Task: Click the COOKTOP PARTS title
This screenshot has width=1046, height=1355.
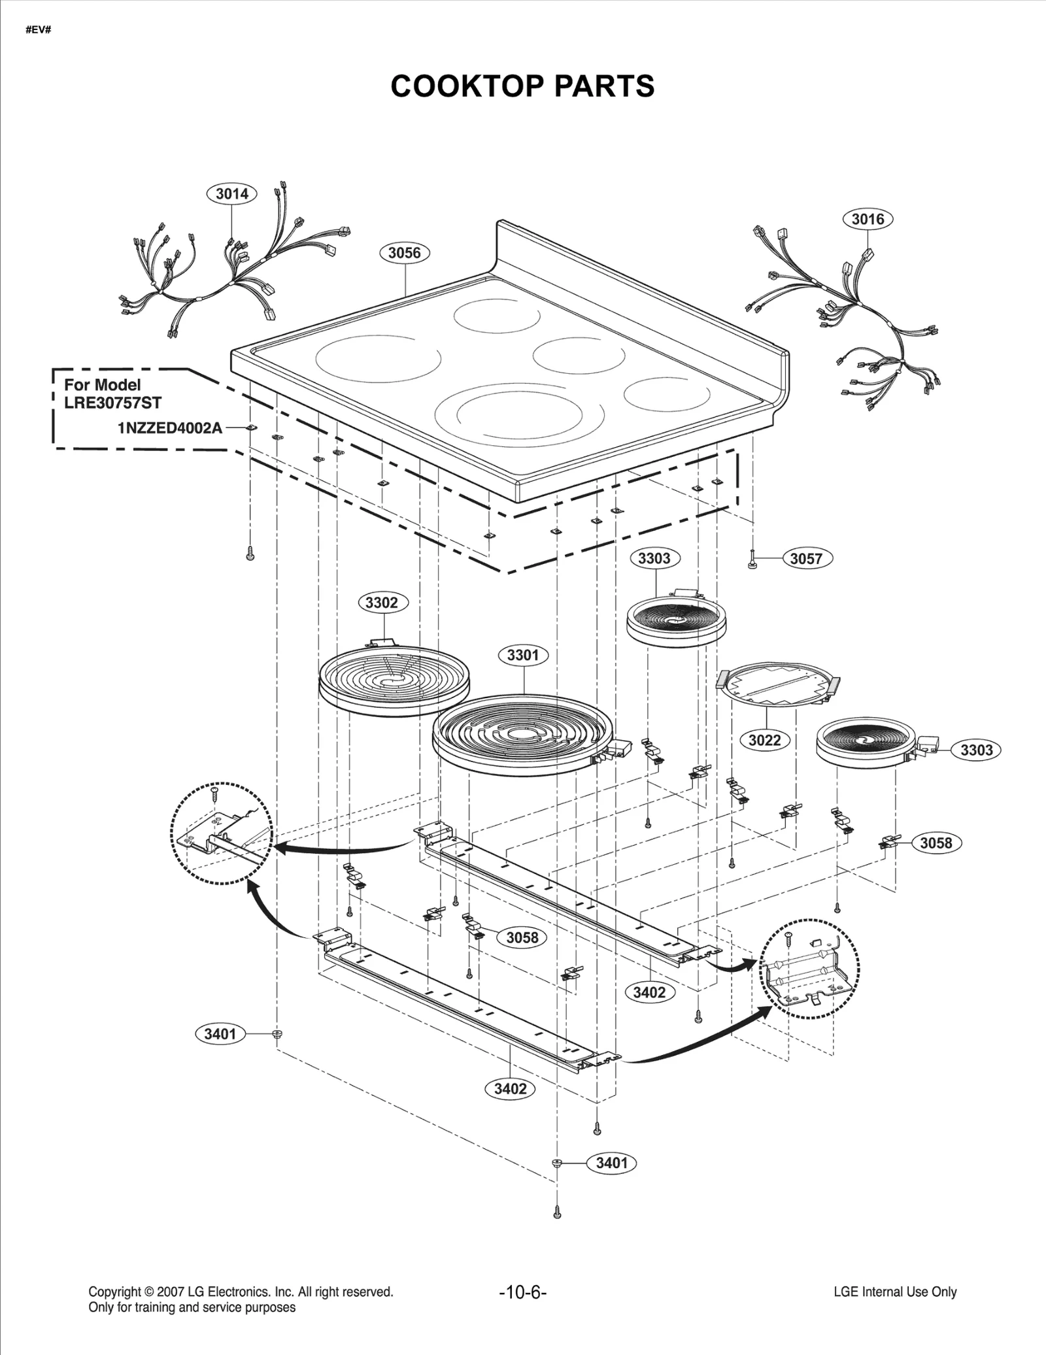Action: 522,86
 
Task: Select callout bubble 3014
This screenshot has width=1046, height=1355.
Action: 231,193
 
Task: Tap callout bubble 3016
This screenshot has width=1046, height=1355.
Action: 868,219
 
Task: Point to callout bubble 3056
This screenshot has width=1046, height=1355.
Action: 404,253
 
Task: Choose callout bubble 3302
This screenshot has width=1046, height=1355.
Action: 382,602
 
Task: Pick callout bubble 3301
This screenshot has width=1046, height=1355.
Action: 523,655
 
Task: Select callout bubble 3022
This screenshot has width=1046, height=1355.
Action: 764,740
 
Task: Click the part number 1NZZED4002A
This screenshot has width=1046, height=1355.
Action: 170,428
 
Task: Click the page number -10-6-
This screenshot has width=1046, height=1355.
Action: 522,1292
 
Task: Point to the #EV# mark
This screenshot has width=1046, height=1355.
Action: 38,31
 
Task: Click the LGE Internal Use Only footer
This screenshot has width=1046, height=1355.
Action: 895,1292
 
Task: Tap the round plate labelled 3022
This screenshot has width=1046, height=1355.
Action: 778,684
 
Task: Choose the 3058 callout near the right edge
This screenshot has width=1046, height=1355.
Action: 936,843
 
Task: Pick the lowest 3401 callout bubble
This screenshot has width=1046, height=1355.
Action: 611,1163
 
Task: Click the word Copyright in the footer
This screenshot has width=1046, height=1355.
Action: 114,1292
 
